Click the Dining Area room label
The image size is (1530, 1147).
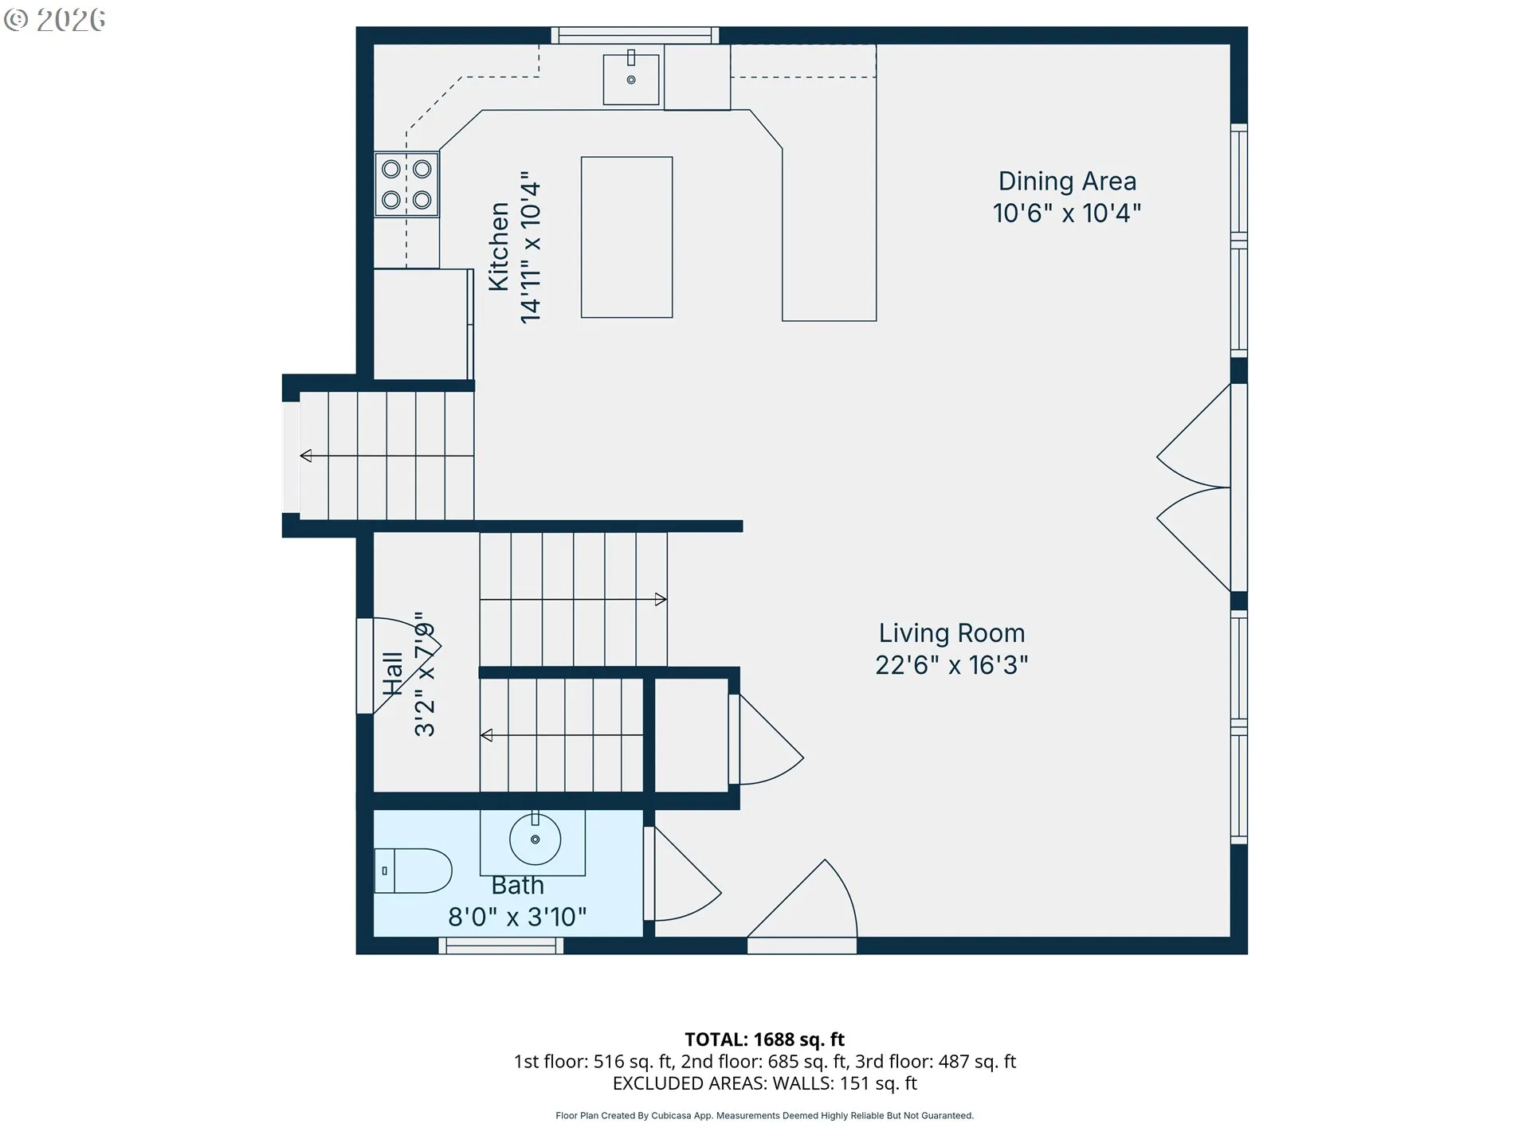(1067, 182)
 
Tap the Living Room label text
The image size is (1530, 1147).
(951, 633)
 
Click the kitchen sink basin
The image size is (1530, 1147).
(631, 79)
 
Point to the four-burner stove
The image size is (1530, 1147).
(406, 184)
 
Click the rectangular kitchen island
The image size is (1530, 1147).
(626, 237)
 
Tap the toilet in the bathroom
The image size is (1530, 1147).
(413, 871)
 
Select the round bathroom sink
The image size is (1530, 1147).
(535, 839)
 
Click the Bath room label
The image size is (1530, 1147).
(517, 886)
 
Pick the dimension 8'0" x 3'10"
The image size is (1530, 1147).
(517, 918)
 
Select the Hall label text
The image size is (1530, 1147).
(392, 674)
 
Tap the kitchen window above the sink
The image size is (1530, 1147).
(635, 35)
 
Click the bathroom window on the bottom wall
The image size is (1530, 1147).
(500, 945)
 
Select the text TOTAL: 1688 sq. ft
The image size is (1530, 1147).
(764, 1039)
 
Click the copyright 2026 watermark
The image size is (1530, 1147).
(54, 20)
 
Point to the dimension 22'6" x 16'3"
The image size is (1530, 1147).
(951, 665)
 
